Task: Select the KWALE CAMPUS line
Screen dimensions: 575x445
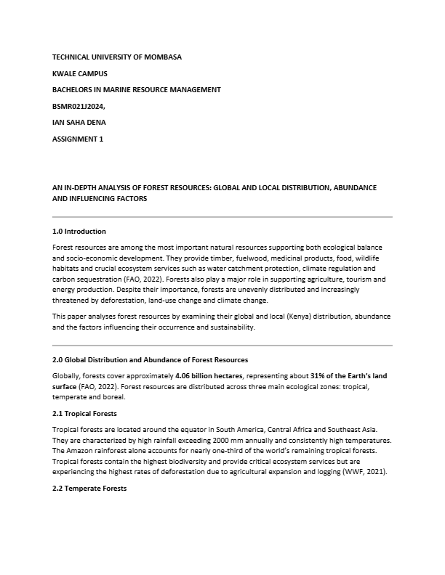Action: [x=79, y=73]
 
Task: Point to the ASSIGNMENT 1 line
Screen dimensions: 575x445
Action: [x=78, y=139]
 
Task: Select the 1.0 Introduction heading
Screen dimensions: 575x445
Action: [x=79, y=232]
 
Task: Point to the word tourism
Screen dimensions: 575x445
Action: [x=353, y=280]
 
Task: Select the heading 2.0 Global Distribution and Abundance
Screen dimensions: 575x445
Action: [x=151, y=360]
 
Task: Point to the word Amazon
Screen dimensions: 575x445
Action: [x=80, y=451]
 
